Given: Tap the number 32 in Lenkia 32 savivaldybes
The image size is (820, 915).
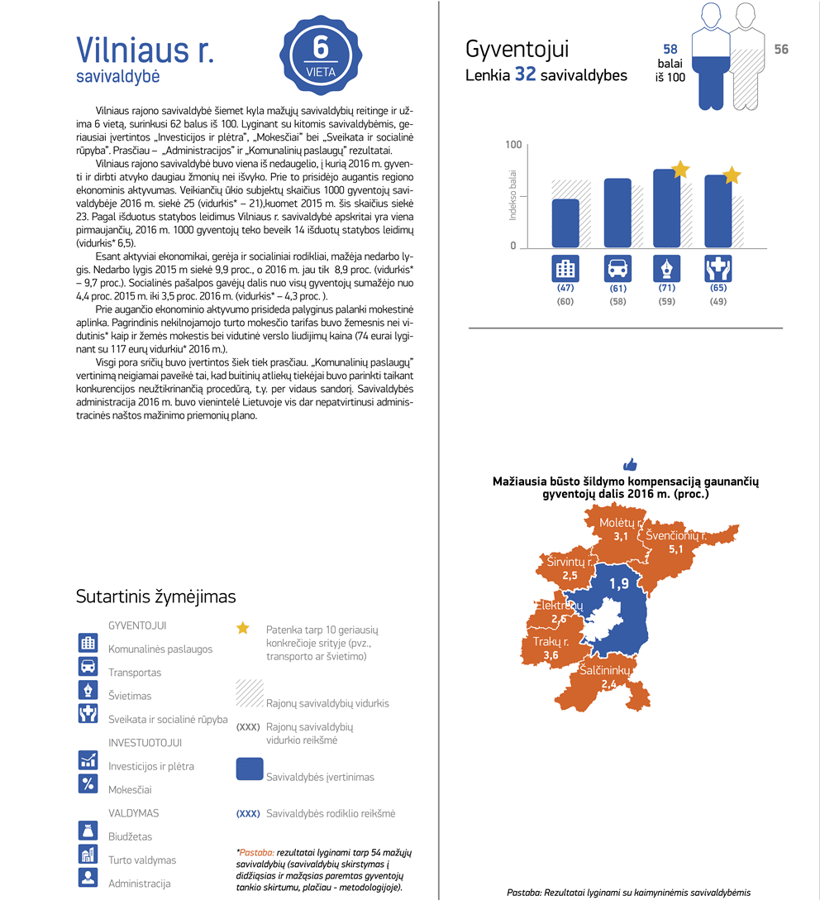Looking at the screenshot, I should click(526, 74).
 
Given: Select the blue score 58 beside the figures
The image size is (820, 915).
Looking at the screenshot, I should click(670, 50).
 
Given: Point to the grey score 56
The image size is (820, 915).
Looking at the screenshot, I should click(781, 50).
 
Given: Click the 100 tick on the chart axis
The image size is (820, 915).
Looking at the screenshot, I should click(513, 146).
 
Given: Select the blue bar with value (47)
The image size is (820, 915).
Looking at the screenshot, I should click(565, 223).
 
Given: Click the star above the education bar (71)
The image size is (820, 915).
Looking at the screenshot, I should click(680, 170).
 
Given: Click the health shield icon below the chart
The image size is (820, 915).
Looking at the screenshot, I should click(717, 269).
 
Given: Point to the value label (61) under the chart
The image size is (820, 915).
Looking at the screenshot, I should click(617, 289).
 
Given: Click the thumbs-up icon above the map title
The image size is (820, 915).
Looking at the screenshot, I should click(630, 464).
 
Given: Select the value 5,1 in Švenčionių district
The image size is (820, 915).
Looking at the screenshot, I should click(676, 549).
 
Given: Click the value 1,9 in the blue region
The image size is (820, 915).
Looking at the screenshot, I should click(619, 584).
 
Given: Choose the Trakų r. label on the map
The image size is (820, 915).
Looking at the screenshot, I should click(551, 642).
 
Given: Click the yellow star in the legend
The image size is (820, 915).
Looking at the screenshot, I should click(242, 628).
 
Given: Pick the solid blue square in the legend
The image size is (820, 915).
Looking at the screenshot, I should click(250, 769).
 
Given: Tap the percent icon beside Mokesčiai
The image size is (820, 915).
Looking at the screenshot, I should click(88, 783).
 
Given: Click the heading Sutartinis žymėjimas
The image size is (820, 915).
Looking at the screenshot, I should click(155, 596).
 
